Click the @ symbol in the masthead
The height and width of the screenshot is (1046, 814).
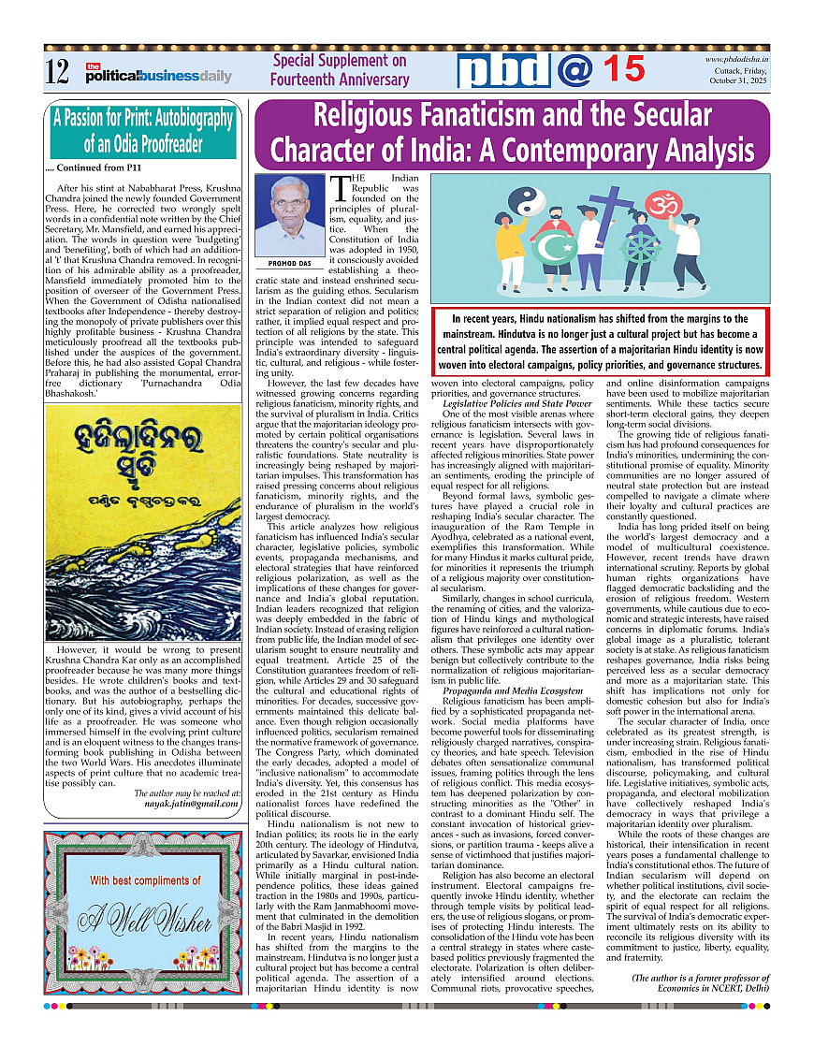pyautogui.click(x=574, y=70)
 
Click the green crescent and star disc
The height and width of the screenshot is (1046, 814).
pyautogui.click(x=554, y=249)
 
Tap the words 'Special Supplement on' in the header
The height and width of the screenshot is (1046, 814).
pyautogui.click(x=340, y=61)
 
